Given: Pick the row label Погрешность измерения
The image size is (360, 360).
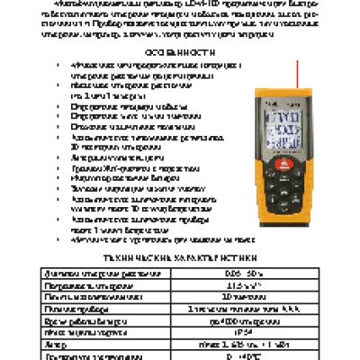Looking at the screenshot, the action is (x=80, y=283).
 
